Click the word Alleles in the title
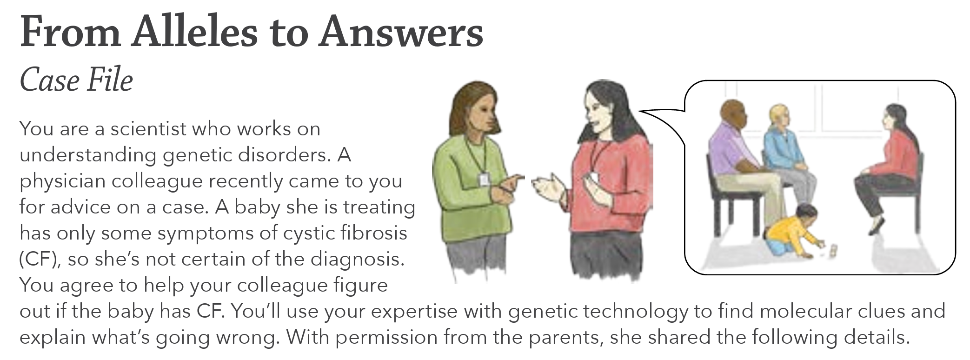point(194,32)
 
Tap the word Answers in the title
point(401,32)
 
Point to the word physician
point(62,181)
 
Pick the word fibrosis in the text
point(374,233)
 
